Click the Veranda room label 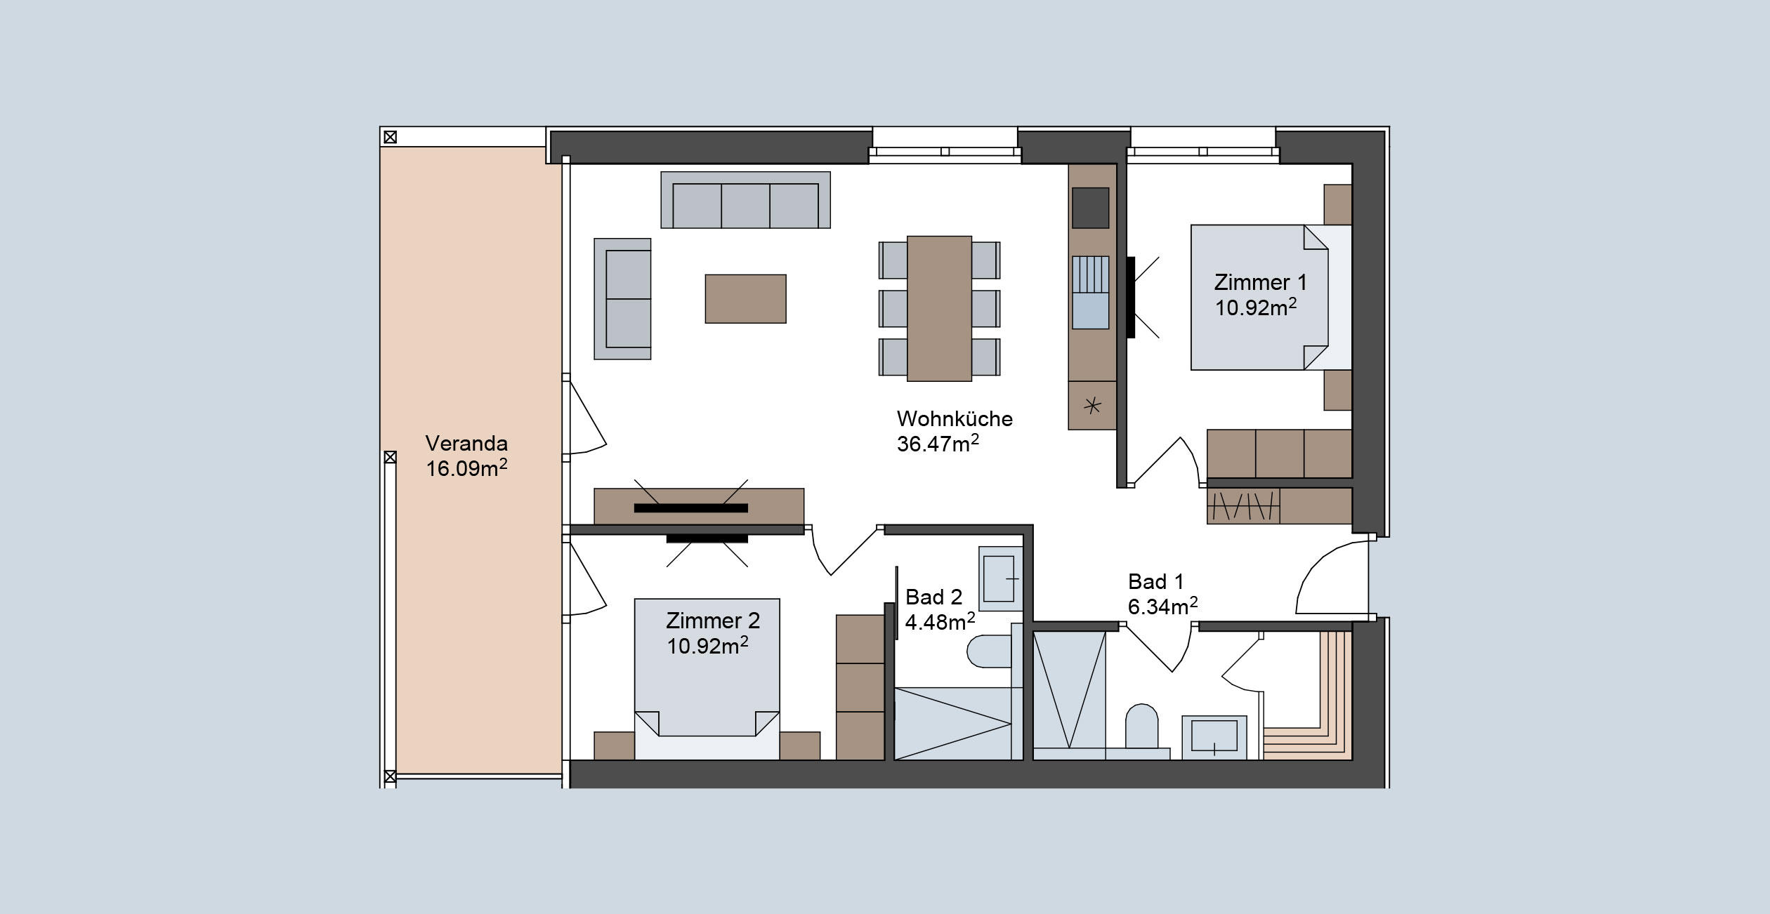click(x=466, y=444)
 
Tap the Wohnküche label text click(x=955, y=419)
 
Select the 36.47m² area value click(x=938, y=443)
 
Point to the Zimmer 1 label click(x=1261, y=282)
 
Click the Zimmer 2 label click(x=713, y=621)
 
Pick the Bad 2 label click(x=933, y=597)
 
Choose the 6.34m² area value click(x=1162, y=606)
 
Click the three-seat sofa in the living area click(x=745, y=200)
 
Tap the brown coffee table click(x=745, y=298)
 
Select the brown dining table click(x=939, y=308)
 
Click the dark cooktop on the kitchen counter click(x=1090, y=208)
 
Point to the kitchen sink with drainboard click(x=1090, y=293)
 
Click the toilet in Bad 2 click(x=989, y=651)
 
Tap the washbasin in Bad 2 click(x=1000, y=579)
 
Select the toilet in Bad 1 click(x=1141, y=726)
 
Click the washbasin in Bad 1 click(x=1214, y=737)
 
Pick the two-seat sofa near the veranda click(x=622, y=299)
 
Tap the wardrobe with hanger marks click(x=1243, y=505)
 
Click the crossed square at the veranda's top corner click(x=390, y=137)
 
